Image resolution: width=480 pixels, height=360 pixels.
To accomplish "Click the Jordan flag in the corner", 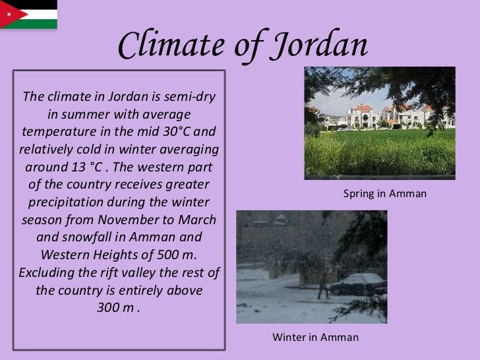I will [28, 15].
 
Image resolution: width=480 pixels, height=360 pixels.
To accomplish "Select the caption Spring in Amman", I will [385, 194].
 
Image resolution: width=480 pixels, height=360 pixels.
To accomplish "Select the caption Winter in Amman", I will [316, 338].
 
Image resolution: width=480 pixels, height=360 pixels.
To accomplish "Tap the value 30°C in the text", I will [175, 131].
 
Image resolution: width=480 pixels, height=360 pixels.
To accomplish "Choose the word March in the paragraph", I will [198, 219].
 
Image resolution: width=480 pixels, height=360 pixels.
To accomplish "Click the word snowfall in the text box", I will [92, 237].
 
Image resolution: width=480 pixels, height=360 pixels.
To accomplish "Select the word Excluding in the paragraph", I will [46, 272].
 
